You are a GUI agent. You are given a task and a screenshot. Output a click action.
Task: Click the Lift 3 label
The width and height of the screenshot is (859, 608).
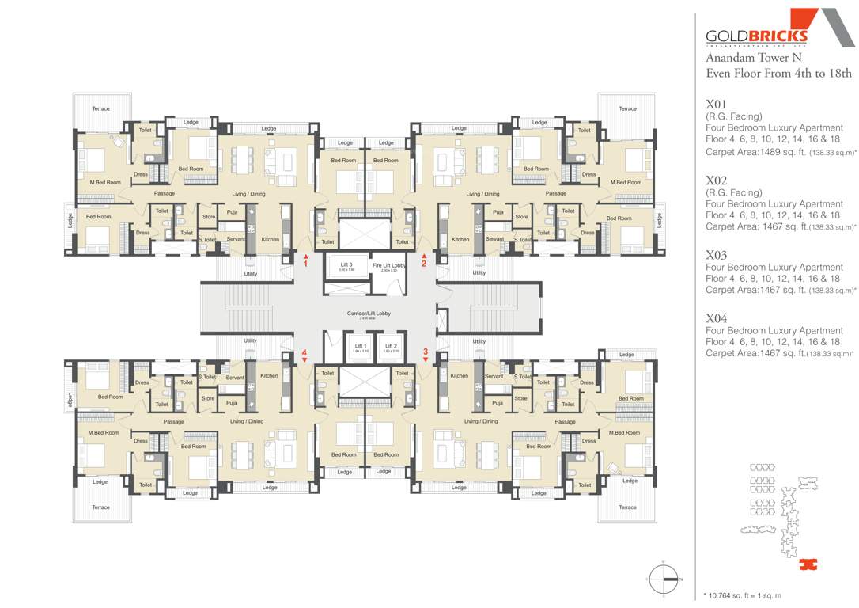tap(346, 264)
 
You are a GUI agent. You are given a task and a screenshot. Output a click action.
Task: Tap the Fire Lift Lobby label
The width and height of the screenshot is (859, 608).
tap(389, 265)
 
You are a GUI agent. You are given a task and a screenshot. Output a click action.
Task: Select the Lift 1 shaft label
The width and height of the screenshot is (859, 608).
tap(360, 346)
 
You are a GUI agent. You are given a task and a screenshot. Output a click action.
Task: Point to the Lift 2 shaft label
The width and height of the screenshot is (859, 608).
tap(390, 346)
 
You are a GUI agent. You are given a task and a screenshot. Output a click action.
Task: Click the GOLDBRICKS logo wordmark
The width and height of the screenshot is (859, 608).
tap(756, 36)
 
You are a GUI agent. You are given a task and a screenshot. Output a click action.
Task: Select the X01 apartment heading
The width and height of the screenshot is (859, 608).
tap(716, 104)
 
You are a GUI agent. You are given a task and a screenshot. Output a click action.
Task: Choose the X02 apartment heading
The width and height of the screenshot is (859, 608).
tap(716, 180)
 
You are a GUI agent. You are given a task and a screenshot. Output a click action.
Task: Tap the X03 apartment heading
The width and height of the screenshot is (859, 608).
tap(716, 255)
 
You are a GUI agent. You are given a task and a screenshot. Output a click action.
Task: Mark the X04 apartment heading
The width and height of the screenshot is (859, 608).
tap(716, 318)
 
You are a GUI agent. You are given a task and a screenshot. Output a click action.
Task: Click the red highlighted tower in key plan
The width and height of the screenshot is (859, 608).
tap(807, 564)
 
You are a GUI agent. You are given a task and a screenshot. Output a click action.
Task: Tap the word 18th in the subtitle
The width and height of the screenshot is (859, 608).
tap(838, 73)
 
